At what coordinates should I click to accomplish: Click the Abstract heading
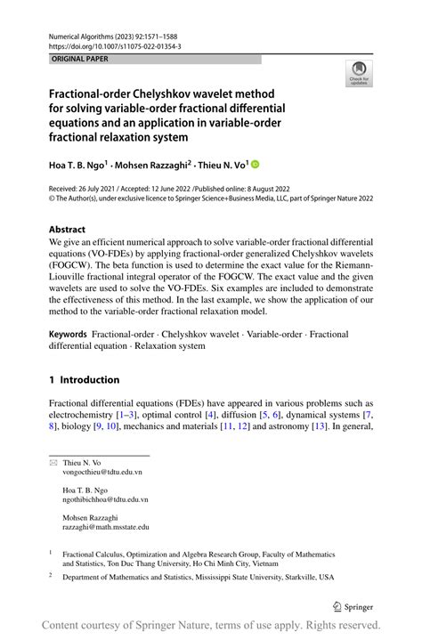coord(68,229)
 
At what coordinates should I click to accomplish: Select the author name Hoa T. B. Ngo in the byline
coord(78,165)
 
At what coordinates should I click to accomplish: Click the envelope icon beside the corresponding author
coord(53,463)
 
